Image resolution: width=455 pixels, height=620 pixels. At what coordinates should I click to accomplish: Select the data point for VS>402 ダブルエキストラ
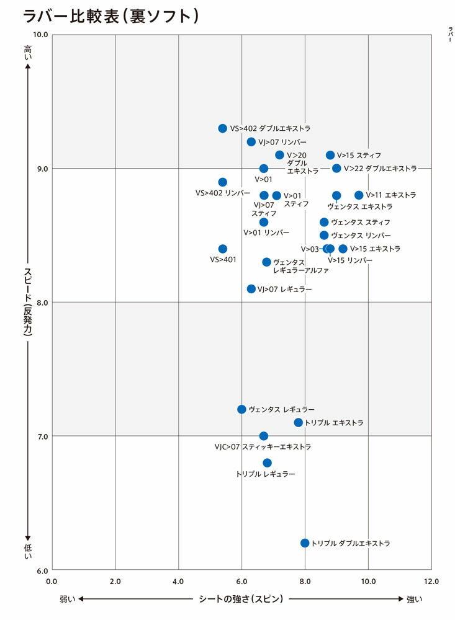(x=223, y=128)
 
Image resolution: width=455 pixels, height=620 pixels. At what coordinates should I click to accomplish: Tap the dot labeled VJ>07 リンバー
(x=251, y=142)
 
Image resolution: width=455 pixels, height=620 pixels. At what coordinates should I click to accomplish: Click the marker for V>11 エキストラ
(x=359, y=195)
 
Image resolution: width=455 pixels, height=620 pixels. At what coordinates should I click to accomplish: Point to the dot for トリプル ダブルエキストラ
(x=305, y=543)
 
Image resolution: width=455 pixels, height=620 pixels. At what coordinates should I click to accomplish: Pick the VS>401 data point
(x=223, y=249)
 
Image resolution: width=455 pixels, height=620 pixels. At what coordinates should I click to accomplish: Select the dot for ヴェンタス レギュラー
(x=242, y=409)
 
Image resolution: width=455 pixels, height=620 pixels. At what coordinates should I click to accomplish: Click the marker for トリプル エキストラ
(x=299, y=423)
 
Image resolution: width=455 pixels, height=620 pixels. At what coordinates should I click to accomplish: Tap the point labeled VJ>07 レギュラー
(x=251, y=289)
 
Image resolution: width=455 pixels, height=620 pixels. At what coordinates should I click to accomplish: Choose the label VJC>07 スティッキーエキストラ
(x=263, y=447)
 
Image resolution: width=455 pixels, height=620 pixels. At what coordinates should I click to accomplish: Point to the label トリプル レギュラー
(x=266, y=474)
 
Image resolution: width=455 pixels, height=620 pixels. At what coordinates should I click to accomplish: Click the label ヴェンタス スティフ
(x=361, y=222)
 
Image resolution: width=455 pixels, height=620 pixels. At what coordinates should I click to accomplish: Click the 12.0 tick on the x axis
(x=431, y=582)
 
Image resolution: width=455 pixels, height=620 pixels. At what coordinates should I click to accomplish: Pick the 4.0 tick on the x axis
(x=179, y=582)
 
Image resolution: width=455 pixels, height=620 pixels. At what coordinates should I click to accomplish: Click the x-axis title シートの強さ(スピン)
(x=241, y=599)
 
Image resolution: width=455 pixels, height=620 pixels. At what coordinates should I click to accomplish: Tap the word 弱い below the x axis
(x=68, y=600)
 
